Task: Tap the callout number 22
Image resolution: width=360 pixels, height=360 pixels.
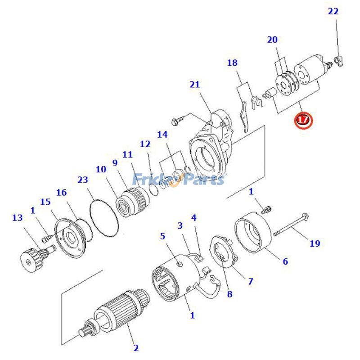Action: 333,11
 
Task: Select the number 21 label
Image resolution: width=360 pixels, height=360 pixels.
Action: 194,85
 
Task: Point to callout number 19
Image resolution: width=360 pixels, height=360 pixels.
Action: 315,243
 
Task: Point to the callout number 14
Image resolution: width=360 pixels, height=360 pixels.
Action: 162,135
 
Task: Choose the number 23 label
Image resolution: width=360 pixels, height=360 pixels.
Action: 82,180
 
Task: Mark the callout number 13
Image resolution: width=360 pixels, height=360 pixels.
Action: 17,218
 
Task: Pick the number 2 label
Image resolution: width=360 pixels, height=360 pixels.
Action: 135,347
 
